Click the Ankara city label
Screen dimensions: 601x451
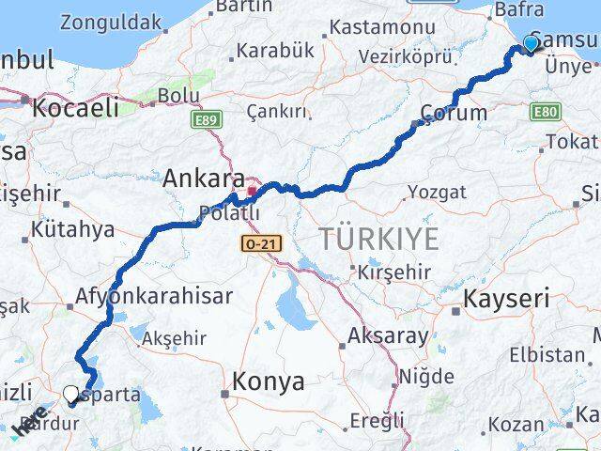point(204,177)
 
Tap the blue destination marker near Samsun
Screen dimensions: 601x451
point(532,43)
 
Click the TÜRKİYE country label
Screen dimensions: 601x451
point(378,240)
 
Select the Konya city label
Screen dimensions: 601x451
point(269,381)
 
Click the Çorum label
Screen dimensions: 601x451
point(455,114)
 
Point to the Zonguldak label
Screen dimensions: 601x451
point(111,22)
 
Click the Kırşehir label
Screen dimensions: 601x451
point(393,272)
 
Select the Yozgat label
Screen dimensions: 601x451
point(438,192)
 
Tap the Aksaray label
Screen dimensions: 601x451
point(389,335)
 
